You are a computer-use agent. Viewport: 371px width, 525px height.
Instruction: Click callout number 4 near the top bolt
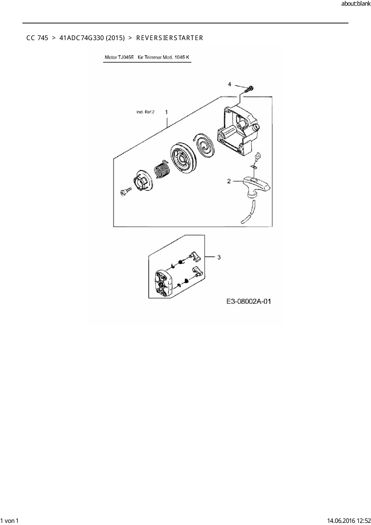[x=229, y=84]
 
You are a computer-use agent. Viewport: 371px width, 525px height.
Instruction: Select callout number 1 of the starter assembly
[x=167, y=112]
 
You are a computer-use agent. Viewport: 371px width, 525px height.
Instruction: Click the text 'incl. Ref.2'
[x=145, y=112]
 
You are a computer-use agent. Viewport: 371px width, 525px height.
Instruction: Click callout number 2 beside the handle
[x=229, y=181]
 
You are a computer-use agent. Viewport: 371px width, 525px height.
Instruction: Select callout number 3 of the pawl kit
[x=219, y=257]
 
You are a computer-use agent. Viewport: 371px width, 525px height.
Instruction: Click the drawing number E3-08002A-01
[x=249, y=301]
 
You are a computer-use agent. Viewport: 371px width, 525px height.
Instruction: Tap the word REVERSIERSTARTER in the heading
[x=170, y=38]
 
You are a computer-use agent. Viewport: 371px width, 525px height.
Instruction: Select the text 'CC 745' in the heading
[x=37, y=38]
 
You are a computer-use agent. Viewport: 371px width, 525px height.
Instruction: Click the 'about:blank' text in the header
[x=356, y=4]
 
